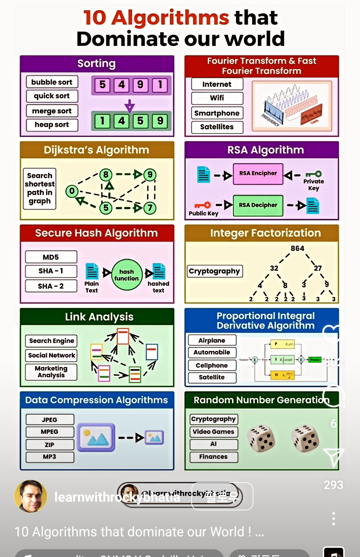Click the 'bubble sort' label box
tap(52, 82)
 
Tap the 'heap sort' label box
tap(52, 125)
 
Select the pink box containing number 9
tap(140, 85)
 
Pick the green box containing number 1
tap(102, 121)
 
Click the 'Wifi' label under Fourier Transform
tap(217, 98)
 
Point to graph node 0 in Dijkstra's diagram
tap(72, 191)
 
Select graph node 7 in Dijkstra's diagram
tap(150, 208)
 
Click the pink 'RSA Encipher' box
tap(258, 173)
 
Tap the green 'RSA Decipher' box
tap(258, 205)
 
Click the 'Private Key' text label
tap(313, 184)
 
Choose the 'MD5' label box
tap(51, 257)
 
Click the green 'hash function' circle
tap(126, 275)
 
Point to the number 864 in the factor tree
tap(297, 248)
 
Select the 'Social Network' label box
tap(51, 355)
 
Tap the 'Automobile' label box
tap(212, 352)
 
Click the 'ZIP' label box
tap(50, 445)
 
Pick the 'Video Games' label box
tap(213, 432)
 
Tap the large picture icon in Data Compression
tap(96, 437)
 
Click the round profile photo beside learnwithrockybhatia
tap(30, 496)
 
